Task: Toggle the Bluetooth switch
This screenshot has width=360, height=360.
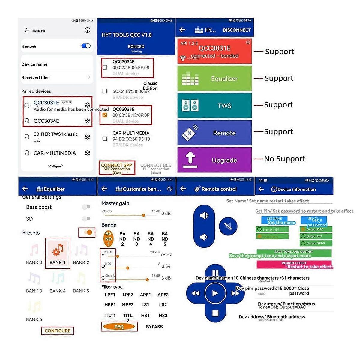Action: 86,46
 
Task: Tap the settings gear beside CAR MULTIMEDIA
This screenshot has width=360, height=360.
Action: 87,153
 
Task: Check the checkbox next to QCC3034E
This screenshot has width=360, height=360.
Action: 105,67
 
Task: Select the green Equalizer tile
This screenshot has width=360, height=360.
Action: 214,79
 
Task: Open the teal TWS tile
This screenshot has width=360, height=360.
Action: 214,106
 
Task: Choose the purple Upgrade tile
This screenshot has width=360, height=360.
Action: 214,160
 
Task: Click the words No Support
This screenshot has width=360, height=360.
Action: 284,159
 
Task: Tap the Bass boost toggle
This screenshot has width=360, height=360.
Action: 86,207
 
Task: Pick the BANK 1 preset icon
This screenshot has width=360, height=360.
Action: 58,250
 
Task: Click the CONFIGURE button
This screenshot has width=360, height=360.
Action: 57,331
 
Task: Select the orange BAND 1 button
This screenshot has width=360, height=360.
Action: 108,239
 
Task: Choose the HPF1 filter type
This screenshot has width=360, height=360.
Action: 110,304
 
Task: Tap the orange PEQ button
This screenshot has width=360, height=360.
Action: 119,327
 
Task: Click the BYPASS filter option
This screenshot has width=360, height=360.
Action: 154,327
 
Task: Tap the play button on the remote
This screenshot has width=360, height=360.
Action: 215,293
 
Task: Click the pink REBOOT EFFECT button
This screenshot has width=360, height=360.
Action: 294,264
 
